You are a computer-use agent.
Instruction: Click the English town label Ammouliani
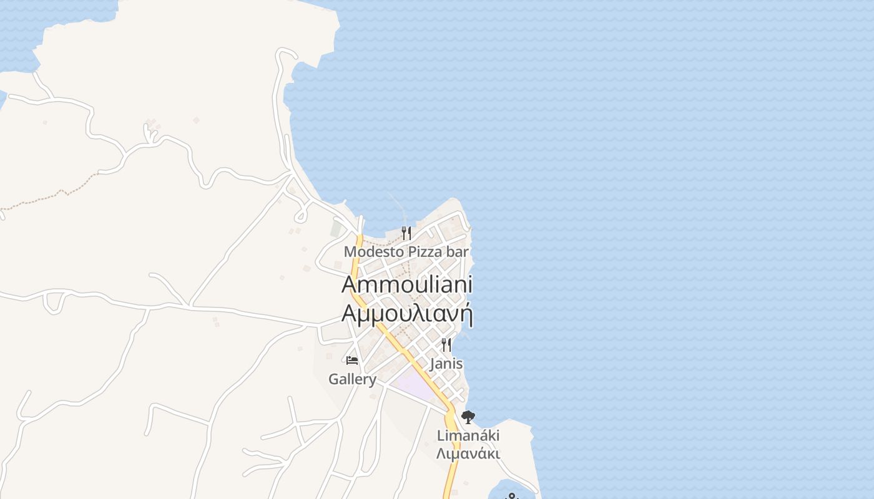407,284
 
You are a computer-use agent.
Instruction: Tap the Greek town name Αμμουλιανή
407,312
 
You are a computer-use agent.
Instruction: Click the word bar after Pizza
456,252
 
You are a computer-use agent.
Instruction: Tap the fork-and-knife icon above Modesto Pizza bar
406,233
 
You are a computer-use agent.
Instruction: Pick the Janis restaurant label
446,363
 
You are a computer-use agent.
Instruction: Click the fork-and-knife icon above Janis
446,344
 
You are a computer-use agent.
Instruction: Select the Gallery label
352,379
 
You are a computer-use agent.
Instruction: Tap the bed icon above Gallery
352,361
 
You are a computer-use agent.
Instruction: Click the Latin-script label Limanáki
468,435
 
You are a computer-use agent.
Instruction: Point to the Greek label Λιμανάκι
468,453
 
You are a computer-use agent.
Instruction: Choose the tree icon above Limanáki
468,417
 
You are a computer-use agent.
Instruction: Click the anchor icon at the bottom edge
512,497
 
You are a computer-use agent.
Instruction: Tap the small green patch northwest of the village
336,228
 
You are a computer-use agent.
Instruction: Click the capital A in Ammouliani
350,284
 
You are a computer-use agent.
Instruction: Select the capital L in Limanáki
441,435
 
